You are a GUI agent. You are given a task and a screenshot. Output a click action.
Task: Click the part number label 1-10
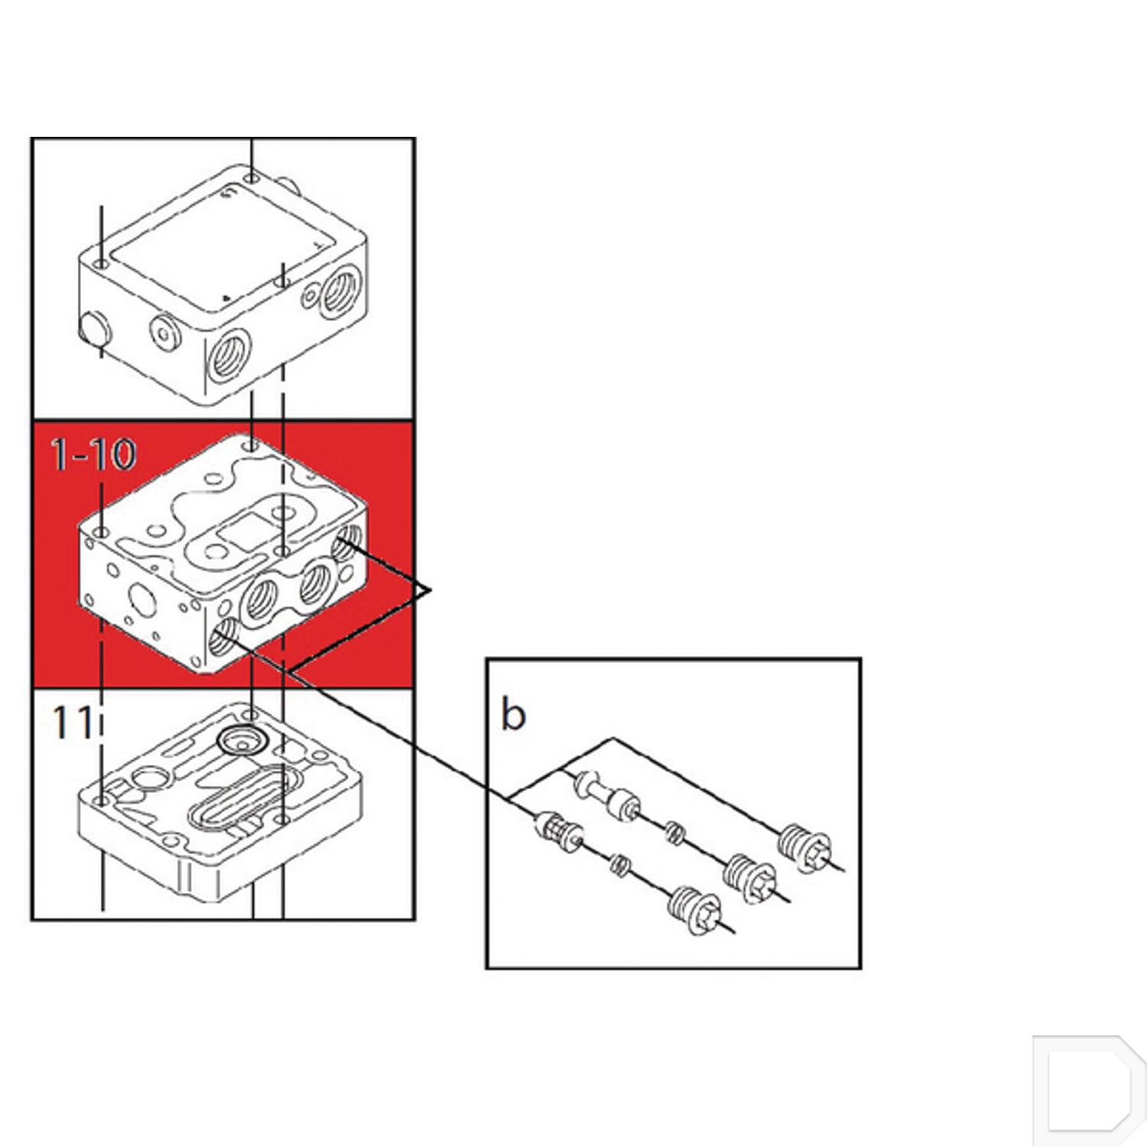[93, 454]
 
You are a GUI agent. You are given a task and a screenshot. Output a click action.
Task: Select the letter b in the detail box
[513, 714]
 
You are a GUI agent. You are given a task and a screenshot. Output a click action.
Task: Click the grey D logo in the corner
[1089, 1090]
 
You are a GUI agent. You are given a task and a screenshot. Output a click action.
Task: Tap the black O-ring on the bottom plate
[241, 739]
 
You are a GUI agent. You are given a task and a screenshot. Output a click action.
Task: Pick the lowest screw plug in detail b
[694, 910]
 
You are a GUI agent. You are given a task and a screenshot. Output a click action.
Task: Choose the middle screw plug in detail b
[750, 877]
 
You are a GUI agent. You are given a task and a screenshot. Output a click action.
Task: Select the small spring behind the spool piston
[672, 831]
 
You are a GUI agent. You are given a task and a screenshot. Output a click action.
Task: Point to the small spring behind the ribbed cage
[619, 865]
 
